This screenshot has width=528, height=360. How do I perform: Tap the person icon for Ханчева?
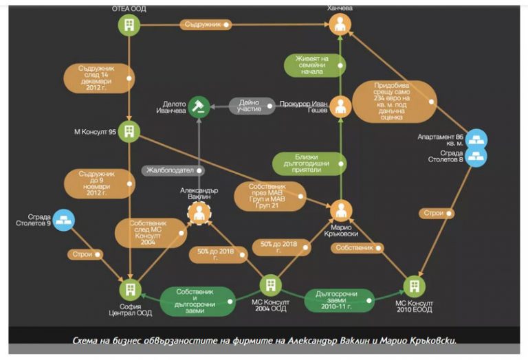(x=340, y=25)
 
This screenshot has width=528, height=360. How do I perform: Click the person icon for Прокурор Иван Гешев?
(x=340, y=106)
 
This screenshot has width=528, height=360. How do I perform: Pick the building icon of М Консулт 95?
(x=129, y=131)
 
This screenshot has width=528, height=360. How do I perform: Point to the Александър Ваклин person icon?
(x=199, y=213)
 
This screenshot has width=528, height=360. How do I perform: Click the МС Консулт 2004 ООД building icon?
(x=270, y=284)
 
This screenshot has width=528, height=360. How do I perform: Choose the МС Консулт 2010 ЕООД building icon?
(x=413, y=285)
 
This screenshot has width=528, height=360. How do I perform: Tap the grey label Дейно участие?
(x=250, y=106)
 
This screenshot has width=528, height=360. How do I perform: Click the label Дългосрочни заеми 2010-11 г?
(x=338, y=300)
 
